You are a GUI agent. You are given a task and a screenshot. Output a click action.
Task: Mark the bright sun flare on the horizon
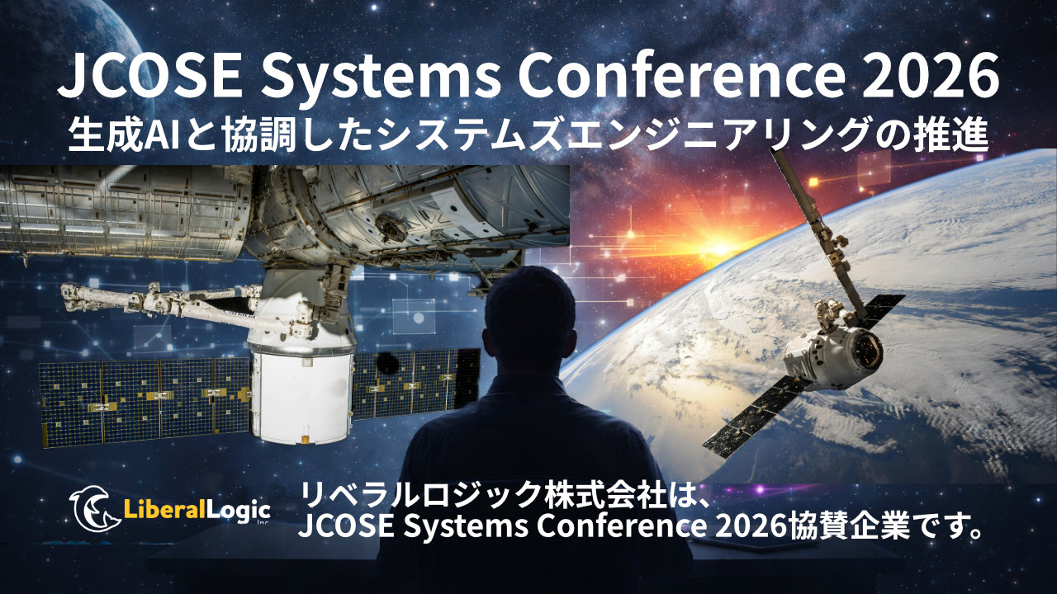point(720,245)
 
